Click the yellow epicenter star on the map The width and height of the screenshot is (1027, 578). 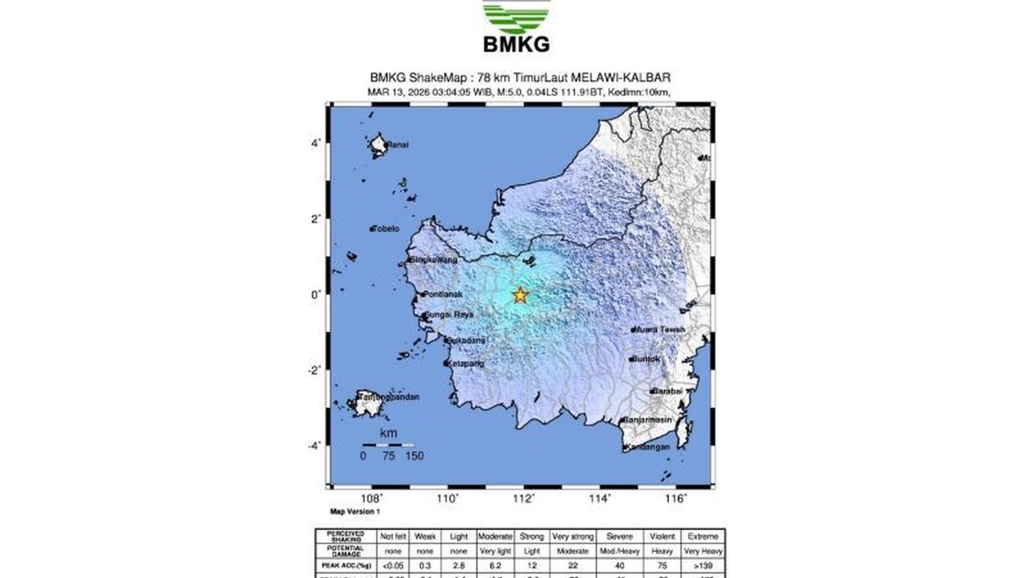click(520, 295)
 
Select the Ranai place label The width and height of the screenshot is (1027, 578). click(397, 145)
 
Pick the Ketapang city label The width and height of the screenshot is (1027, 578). click(467, 364)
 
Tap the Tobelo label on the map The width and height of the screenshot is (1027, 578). click(386, 229)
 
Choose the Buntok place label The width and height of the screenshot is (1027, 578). click(646, 359)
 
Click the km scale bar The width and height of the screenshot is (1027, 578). click(388, 445)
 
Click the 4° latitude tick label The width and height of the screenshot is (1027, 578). click(317, 143)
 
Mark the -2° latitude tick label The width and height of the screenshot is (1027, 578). click(315, 370)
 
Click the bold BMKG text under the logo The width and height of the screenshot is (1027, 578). click(517, 44)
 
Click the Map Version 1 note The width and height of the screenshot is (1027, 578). click(355, 511)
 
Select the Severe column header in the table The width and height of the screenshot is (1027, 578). click(619, 536)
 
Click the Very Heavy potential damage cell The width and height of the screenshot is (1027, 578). click(704, 552)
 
